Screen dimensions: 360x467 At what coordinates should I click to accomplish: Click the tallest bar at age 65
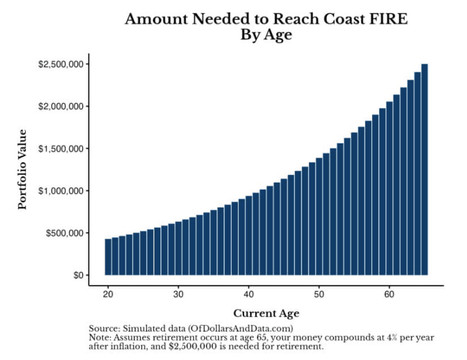[x=425, y=168]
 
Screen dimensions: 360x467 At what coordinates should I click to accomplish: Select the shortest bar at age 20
[x=108, y=256]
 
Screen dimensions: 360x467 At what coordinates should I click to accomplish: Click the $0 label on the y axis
[x=75, y=275]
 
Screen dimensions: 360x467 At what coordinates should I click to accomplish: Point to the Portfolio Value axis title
[x=23, y=169]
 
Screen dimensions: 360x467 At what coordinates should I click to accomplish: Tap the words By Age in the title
[x=266, y=36]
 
